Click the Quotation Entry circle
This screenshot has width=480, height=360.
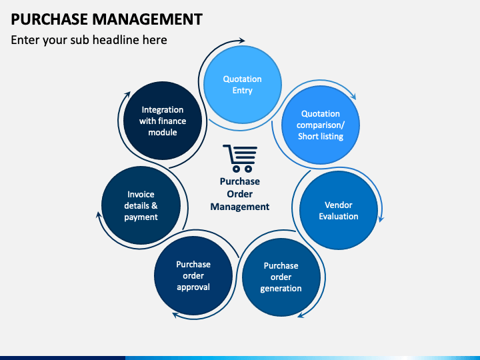point(243,85)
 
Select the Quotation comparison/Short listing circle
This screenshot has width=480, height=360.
point(321,125)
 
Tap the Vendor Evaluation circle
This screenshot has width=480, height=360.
point(339,210)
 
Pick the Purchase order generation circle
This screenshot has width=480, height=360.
point(281,277)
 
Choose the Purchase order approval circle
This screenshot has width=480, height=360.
point(193,276)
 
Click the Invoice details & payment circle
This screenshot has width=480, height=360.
point(141,205)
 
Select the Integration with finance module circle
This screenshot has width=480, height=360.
point(163,121)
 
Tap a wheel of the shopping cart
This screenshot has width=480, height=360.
point(236,169)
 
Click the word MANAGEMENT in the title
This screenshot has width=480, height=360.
point(147,19)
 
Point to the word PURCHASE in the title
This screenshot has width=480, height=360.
point(49,19)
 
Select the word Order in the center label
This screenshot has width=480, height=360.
point(240,194)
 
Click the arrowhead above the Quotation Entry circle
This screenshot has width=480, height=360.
point(241,41)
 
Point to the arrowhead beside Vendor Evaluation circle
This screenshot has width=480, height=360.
point(381,219)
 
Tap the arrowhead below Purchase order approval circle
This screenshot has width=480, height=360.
point(176,315)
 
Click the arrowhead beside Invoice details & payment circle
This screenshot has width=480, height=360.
point(99,215)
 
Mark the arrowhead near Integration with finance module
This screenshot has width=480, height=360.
point(127,95)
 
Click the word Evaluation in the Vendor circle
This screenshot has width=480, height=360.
point(339,216)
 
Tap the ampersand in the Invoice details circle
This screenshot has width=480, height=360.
point(154,205)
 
